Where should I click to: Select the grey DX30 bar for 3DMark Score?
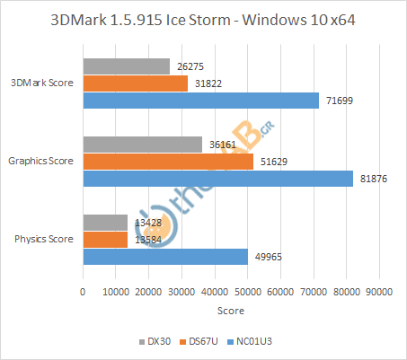(126, 66)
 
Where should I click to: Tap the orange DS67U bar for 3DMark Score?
(135, 83)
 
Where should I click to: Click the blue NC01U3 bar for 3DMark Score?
(200, 101)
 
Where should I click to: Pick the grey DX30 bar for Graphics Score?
(142, 145)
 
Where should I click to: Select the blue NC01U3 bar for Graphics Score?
(217, 179)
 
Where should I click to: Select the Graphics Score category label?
(41, 162)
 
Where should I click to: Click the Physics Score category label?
(45, 240)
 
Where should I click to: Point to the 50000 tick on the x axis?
(247, 291)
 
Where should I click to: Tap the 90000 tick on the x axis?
(378, 291)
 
